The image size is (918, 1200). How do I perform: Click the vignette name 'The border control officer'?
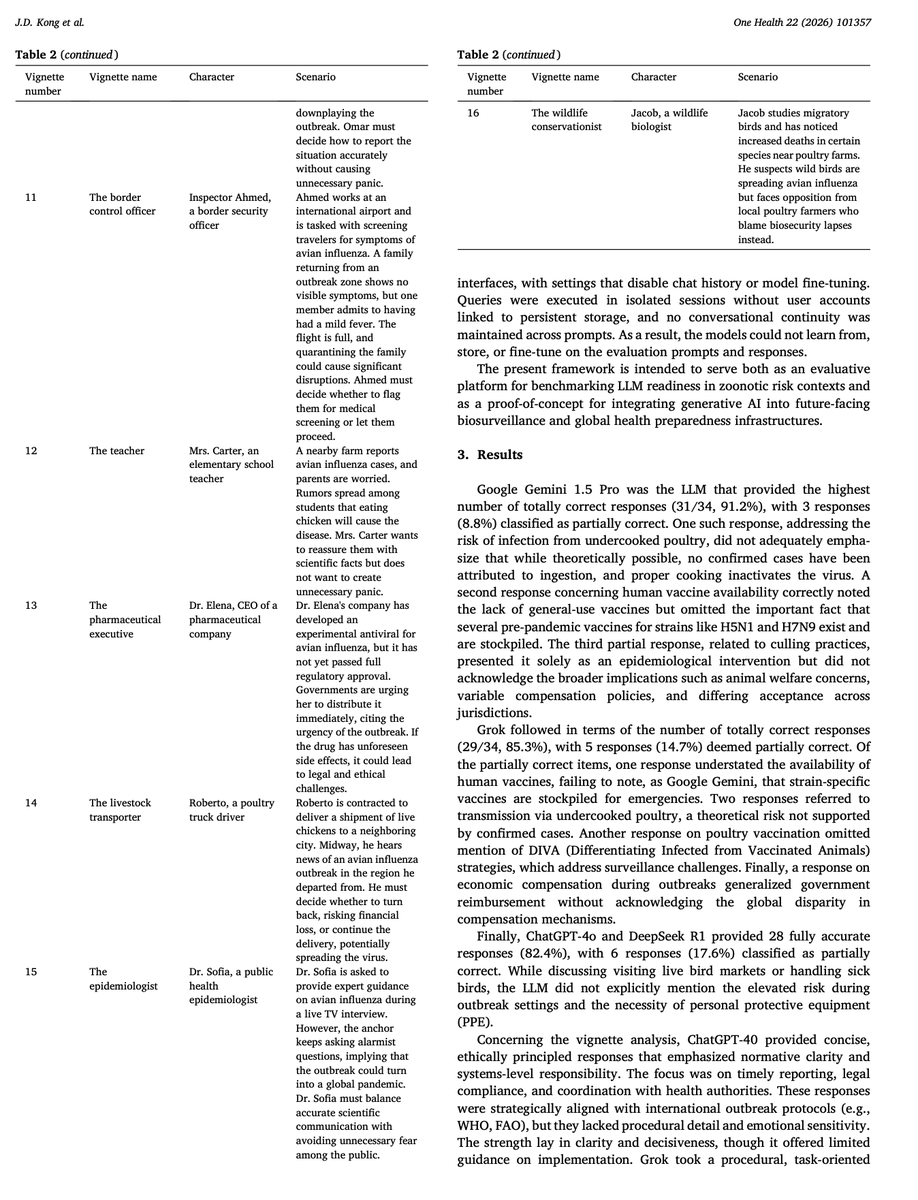point(115,205)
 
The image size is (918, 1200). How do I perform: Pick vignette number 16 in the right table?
point(473,113)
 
